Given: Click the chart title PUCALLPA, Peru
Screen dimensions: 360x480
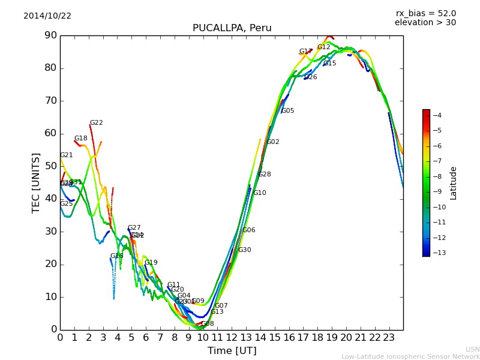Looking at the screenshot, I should click(x=232, y=28).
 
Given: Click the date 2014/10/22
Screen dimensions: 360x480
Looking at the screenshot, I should click(x=47, y=16).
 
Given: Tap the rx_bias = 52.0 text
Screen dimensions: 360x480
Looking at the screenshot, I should click(x=425, y=13).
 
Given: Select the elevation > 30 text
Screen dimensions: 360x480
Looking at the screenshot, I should click(x=425, y=23).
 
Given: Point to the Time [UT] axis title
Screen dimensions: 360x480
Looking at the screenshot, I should click(x=232, y=351).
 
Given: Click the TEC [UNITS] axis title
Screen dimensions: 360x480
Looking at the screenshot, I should click(x=36, y=182).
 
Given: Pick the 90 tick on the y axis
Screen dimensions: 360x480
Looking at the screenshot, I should click(x=50, y=35).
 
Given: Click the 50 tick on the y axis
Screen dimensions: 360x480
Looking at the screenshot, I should click(x=50, y=166).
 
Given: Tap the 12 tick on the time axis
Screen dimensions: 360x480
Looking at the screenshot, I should click(x=231, y=337).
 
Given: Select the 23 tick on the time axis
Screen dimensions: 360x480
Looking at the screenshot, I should click(x=388, y=337).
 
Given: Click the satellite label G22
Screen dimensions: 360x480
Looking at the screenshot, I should click(x=97, y=123).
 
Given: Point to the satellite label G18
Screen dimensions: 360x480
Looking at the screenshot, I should click(x=81, y=139).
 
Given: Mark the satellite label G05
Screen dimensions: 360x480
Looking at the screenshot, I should click(x=287, y=111).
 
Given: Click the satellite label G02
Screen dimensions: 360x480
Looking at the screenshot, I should click(x=273, y=142).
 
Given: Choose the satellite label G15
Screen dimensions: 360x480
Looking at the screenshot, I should click(x=330, y=64).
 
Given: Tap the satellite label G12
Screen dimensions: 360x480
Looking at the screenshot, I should click(x=324, y=47).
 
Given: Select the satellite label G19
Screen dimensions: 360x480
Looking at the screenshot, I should click(x=151, y=263).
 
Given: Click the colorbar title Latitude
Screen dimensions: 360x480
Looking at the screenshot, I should click(x=454, y=183).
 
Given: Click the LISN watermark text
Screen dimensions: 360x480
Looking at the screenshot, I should click(x=472, y=349).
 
